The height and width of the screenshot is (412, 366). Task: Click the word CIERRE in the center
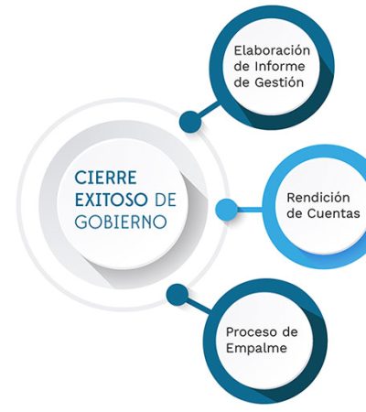(x=105, y=178)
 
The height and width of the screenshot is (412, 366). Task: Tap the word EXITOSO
(x=111, y=200)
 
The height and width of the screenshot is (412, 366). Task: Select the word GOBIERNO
(x=121, y=222)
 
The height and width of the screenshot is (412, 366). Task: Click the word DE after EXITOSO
(x=166, y=200)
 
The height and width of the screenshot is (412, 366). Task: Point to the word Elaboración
(x=272, y=50)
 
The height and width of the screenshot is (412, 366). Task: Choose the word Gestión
(x=279, y=82)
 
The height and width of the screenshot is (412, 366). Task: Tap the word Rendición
(x=318, y=198)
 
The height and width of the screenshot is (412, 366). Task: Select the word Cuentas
(x=333, y=213)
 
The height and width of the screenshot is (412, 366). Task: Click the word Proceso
(x=250, y=332)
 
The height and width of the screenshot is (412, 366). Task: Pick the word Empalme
(x=256, y=348)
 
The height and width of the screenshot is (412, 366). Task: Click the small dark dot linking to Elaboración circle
(x=190, y=122)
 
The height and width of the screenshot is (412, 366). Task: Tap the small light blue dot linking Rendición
(x=226, y=210)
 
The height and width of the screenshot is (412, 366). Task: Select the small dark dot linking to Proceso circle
(x=178, y=295)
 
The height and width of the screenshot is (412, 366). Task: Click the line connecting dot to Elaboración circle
(x=209, y=111)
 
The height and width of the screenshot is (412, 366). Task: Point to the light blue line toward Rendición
(x=250, y=210)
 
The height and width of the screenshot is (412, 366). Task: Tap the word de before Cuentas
(x=295, y=213)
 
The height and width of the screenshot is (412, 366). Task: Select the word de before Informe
(x=242, y=66)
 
